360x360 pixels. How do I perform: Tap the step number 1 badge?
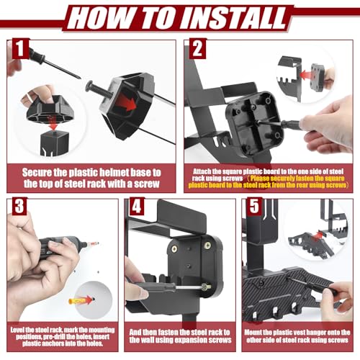point(20,49)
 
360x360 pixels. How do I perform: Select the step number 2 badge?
point(197,49)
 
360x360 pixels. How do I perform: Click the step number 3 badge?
point(19,206)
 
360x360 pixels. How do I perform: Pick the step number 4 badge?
point(137,207)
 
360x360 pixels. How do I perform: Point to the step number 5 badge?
point(254,207)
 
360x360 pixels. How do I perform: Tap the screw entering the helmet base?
point(98,89)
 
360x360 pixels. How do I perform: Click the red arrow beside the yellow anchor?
point(86,300)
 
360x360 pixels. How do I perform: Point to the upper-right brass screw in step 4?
point(207,245)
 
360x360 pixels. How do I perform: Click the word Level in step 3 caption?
point(17,330)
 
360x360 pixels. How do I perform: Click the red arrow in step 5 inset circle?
point(317,235)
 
